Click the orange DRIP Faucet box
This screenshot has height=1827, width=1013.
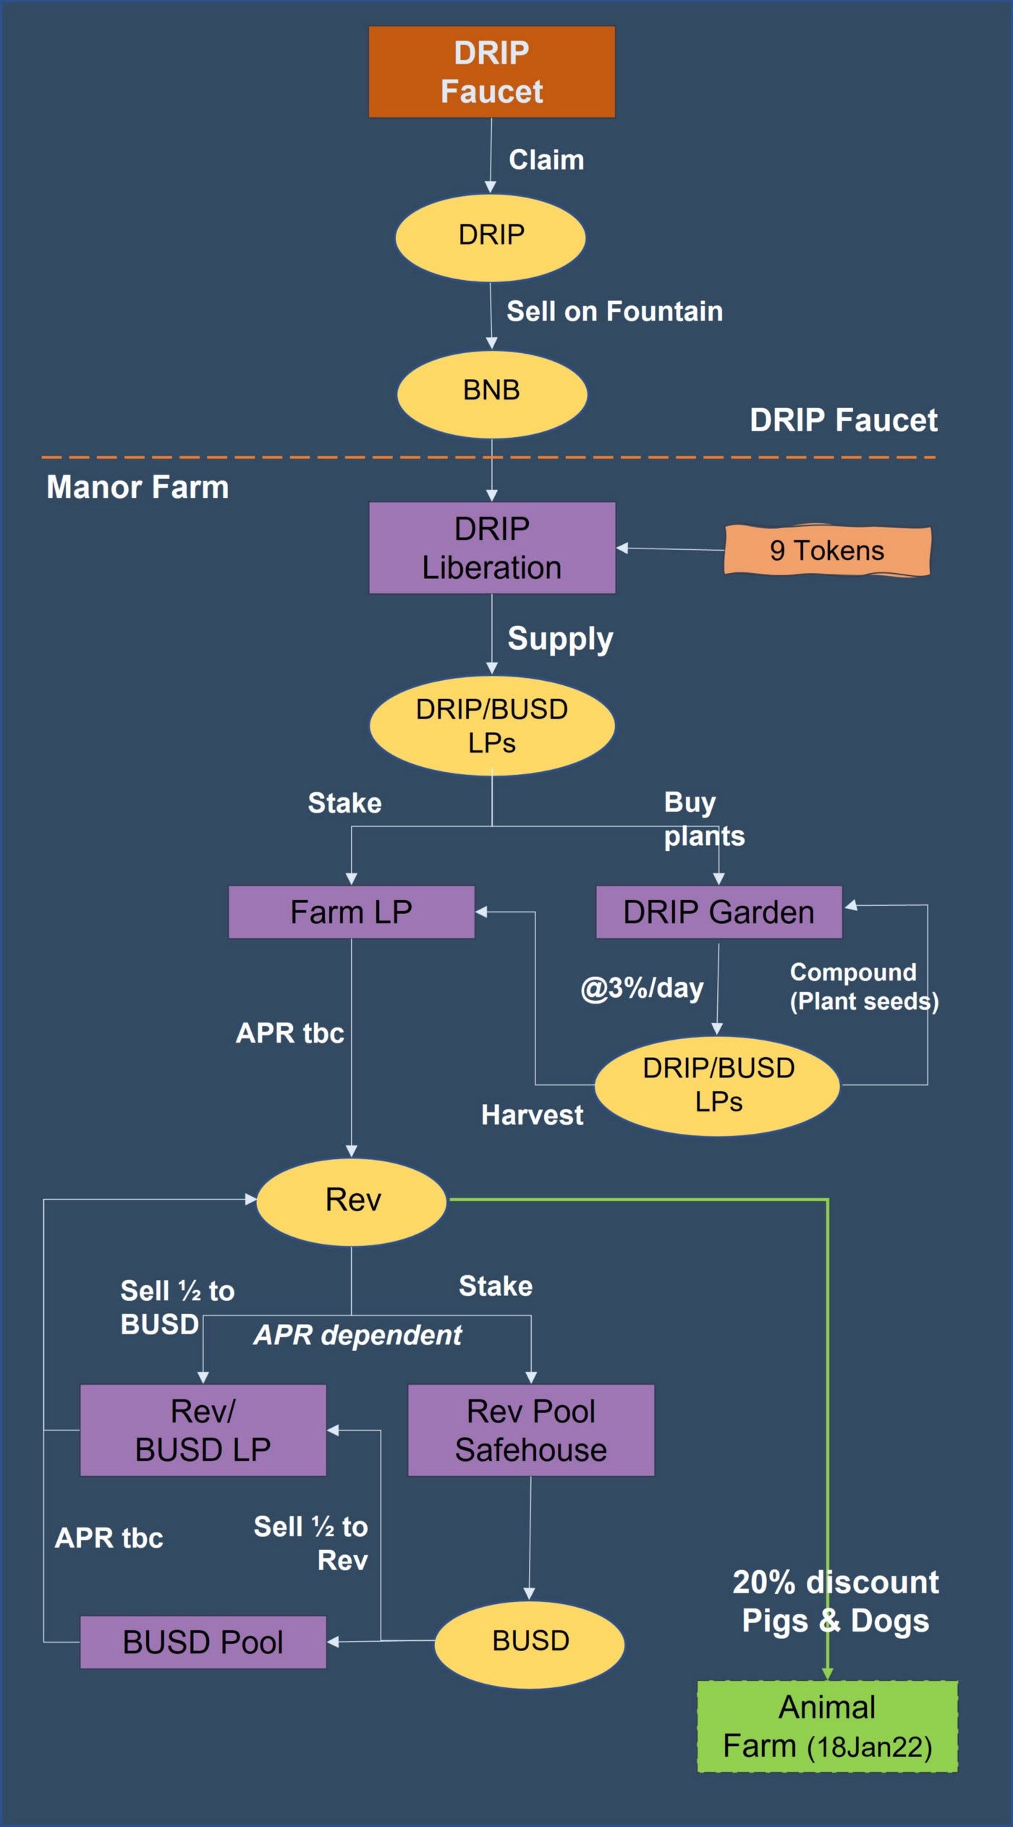pos(491,72)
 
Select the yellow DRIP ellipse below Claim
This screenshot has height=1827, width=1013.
pos(491,237)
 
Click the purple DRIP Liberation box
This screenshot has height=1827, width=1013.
pos(492,548)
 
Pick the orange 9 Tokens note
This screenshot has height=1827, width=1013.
pos(826,551)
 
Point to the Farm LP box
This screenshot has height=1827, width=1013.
pos(351,912)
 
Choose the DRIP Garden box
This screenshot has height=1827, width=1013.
pos(719,912)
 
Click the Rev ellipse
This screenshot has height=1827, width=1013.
pos(352,1200)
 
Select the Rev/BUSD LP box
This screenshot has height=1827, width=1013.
pos(203,1430)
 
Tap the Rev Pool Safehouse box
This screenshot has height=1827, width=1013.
pos(530,1430)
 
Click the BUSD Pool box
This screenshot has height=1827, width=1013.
pos(203,1642)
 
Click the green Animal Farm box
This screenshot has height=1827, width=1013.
pos(827,1726)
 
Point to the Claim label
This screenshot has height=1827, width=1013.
pos(546,160)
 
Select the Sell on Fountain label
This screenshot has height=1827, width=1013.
pos(614,311)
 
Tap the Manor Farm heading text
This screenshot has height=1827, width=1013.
pos(137,487)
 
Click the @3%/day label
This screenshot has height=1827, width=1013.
pos(642,988)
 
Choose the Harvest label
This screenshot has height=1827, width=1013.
pos(532,1115)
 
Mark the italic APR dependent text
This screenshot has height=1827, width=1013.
pos(357,1335)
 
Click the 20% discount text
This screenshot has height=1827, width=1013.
pos(835,1582)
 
